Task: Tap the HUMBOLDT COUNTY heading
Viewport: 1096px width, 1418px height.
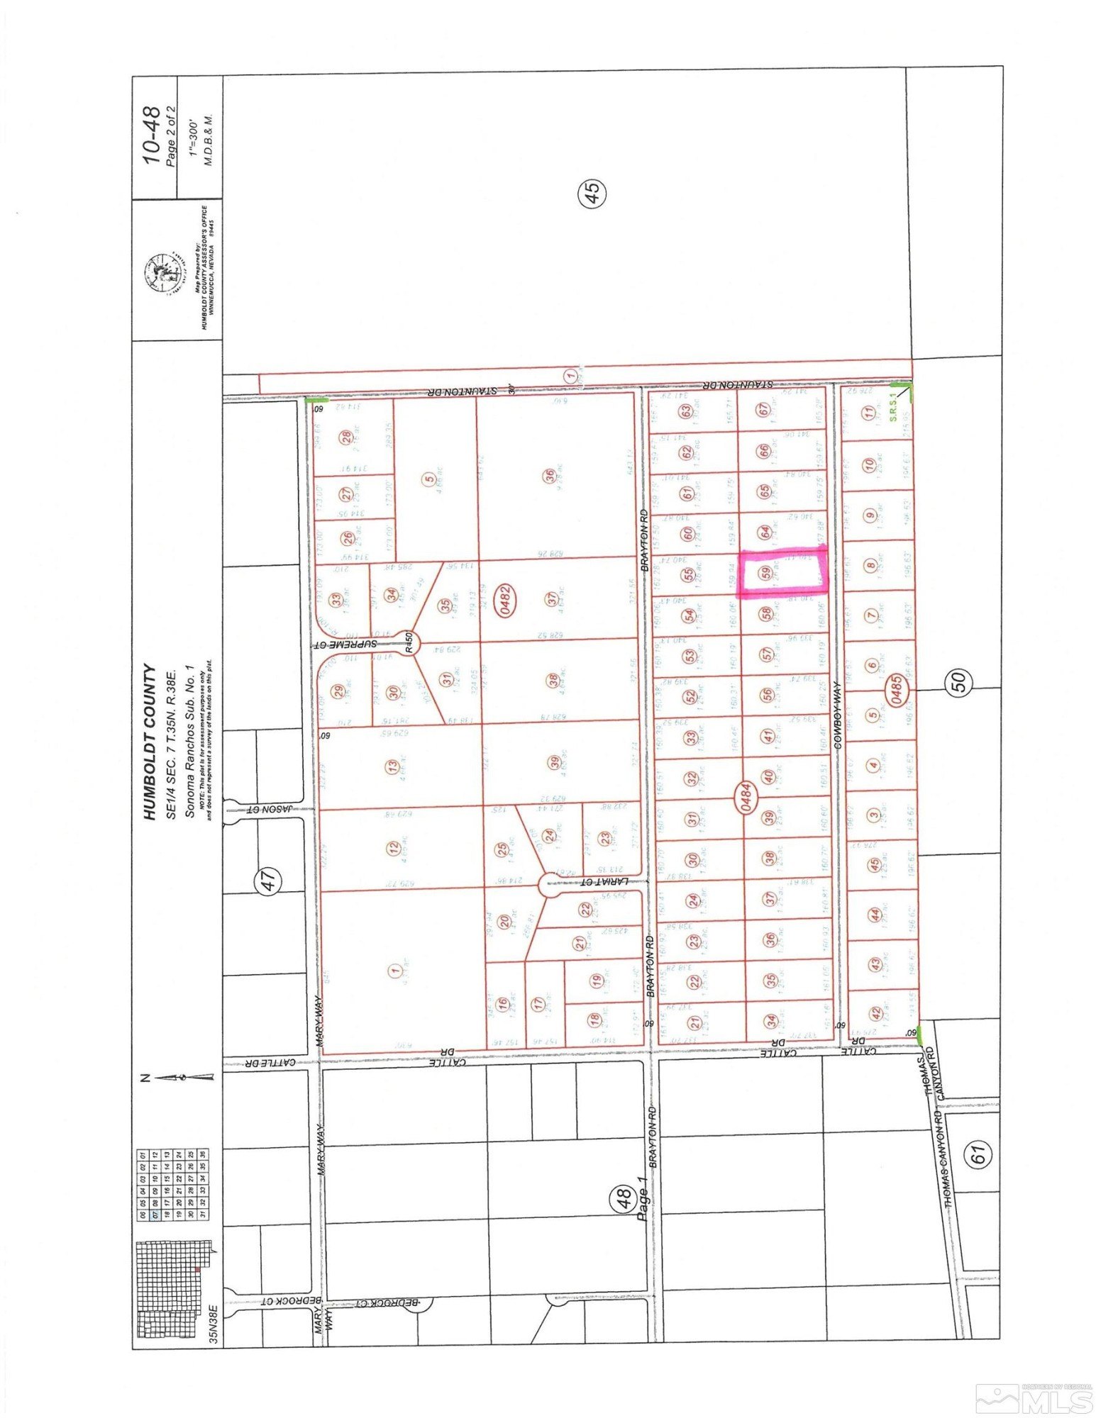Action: click(150, 742)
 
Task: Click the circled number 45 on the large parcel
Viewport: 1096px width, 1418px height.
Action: click(593, 192)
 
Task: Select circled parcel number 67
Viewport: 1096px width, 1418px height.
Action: click(763, 411)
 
